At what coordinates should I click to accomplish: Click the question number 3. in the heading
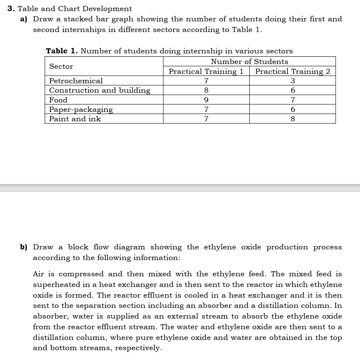click(x=12, y=9)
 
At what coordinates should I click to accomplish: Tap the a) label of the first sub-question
click(x=25, y=19)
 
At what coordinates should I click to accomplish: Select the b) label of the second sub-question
click(x=24, y=247)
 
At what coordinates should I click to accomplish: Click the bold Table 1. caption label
click(x=62, y=51)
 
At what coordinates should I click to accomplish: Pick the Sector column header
click(x=61, y=67)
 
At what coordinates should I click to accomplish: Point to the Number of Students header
click(x=249, y=62)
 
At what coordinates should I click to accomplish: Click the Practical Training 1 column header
click(x=206, y=71)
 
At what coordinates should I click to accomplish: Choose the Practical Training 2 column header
click(x=292, y=71)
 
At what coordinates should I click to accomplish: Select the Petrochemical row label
click(x=76, y=81)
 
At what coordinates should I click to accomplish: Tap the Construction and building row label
click(x=100, y=90)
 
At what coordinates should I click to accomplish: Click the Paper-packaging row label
click(x=81, y=110)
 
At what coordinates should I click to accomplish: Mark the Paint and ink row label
click(x=75, y=119)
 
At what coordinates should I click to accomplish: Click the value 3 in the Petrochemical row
click(x=292, y=81)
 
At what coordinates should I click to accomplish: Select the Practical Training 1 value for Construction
click(x=206, y=91)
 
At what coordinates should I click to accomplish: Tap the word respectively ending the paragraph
click(x=139, y=348)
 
